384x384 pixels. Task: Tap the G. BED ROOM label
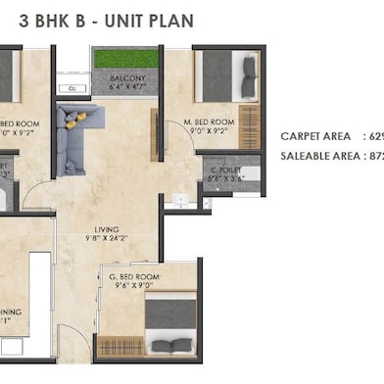point(134,277)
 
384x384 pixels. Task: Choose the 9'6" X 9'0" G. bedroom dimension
point(133,287)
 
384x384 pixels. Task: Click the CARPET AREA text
point(317,136)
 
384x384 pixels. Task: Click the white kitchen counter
point(39,294)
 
